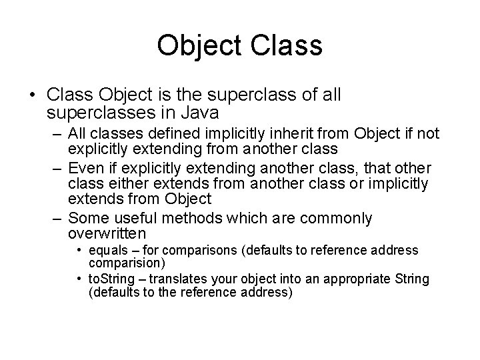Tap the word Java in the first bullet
pos(200,111)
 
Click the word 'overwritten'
pos(107,233)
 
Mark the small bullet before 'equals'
pos(79,251)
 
